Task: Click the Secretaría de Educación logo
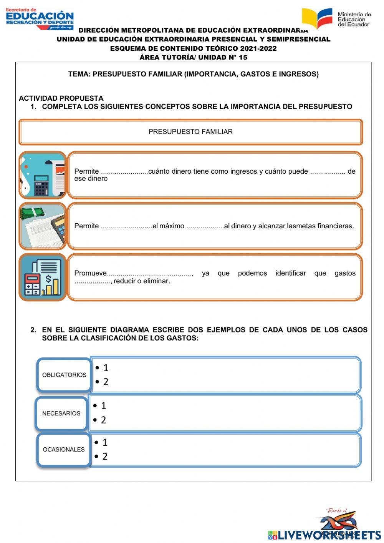[x=40, y=18]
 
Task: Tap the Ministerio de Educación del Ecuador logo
[x=336, y=18]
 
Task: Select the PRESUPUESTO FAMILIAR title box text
[x=190, y=132]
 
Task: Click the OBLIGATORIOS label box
[x=64, y=375]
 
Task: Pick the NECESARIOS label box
[x=61, y=413]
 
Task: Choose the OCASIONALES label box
[x=64, y=450]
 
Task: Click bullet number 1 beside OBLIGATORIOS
[x=106, y=368]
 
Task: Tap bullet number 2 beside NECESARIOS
[x=103, y=420]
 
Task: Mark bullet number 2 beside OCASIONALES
[x=105, y=457]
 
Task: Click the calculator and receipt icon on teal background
[x=43, y=175]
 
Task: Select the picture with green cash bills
[x=43, y=226]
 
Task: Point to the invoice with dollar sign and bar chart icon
[x=43, y=277]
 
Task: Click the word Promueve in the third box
[x=90, y=273]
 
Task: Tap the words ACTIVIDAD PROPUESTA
[x=61, y=98]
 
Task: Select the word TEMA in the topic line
[x=78, y=74]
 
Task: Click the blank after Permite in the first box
[x=124, y=172]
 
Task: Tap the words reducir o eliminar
[x=142, y=281]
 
